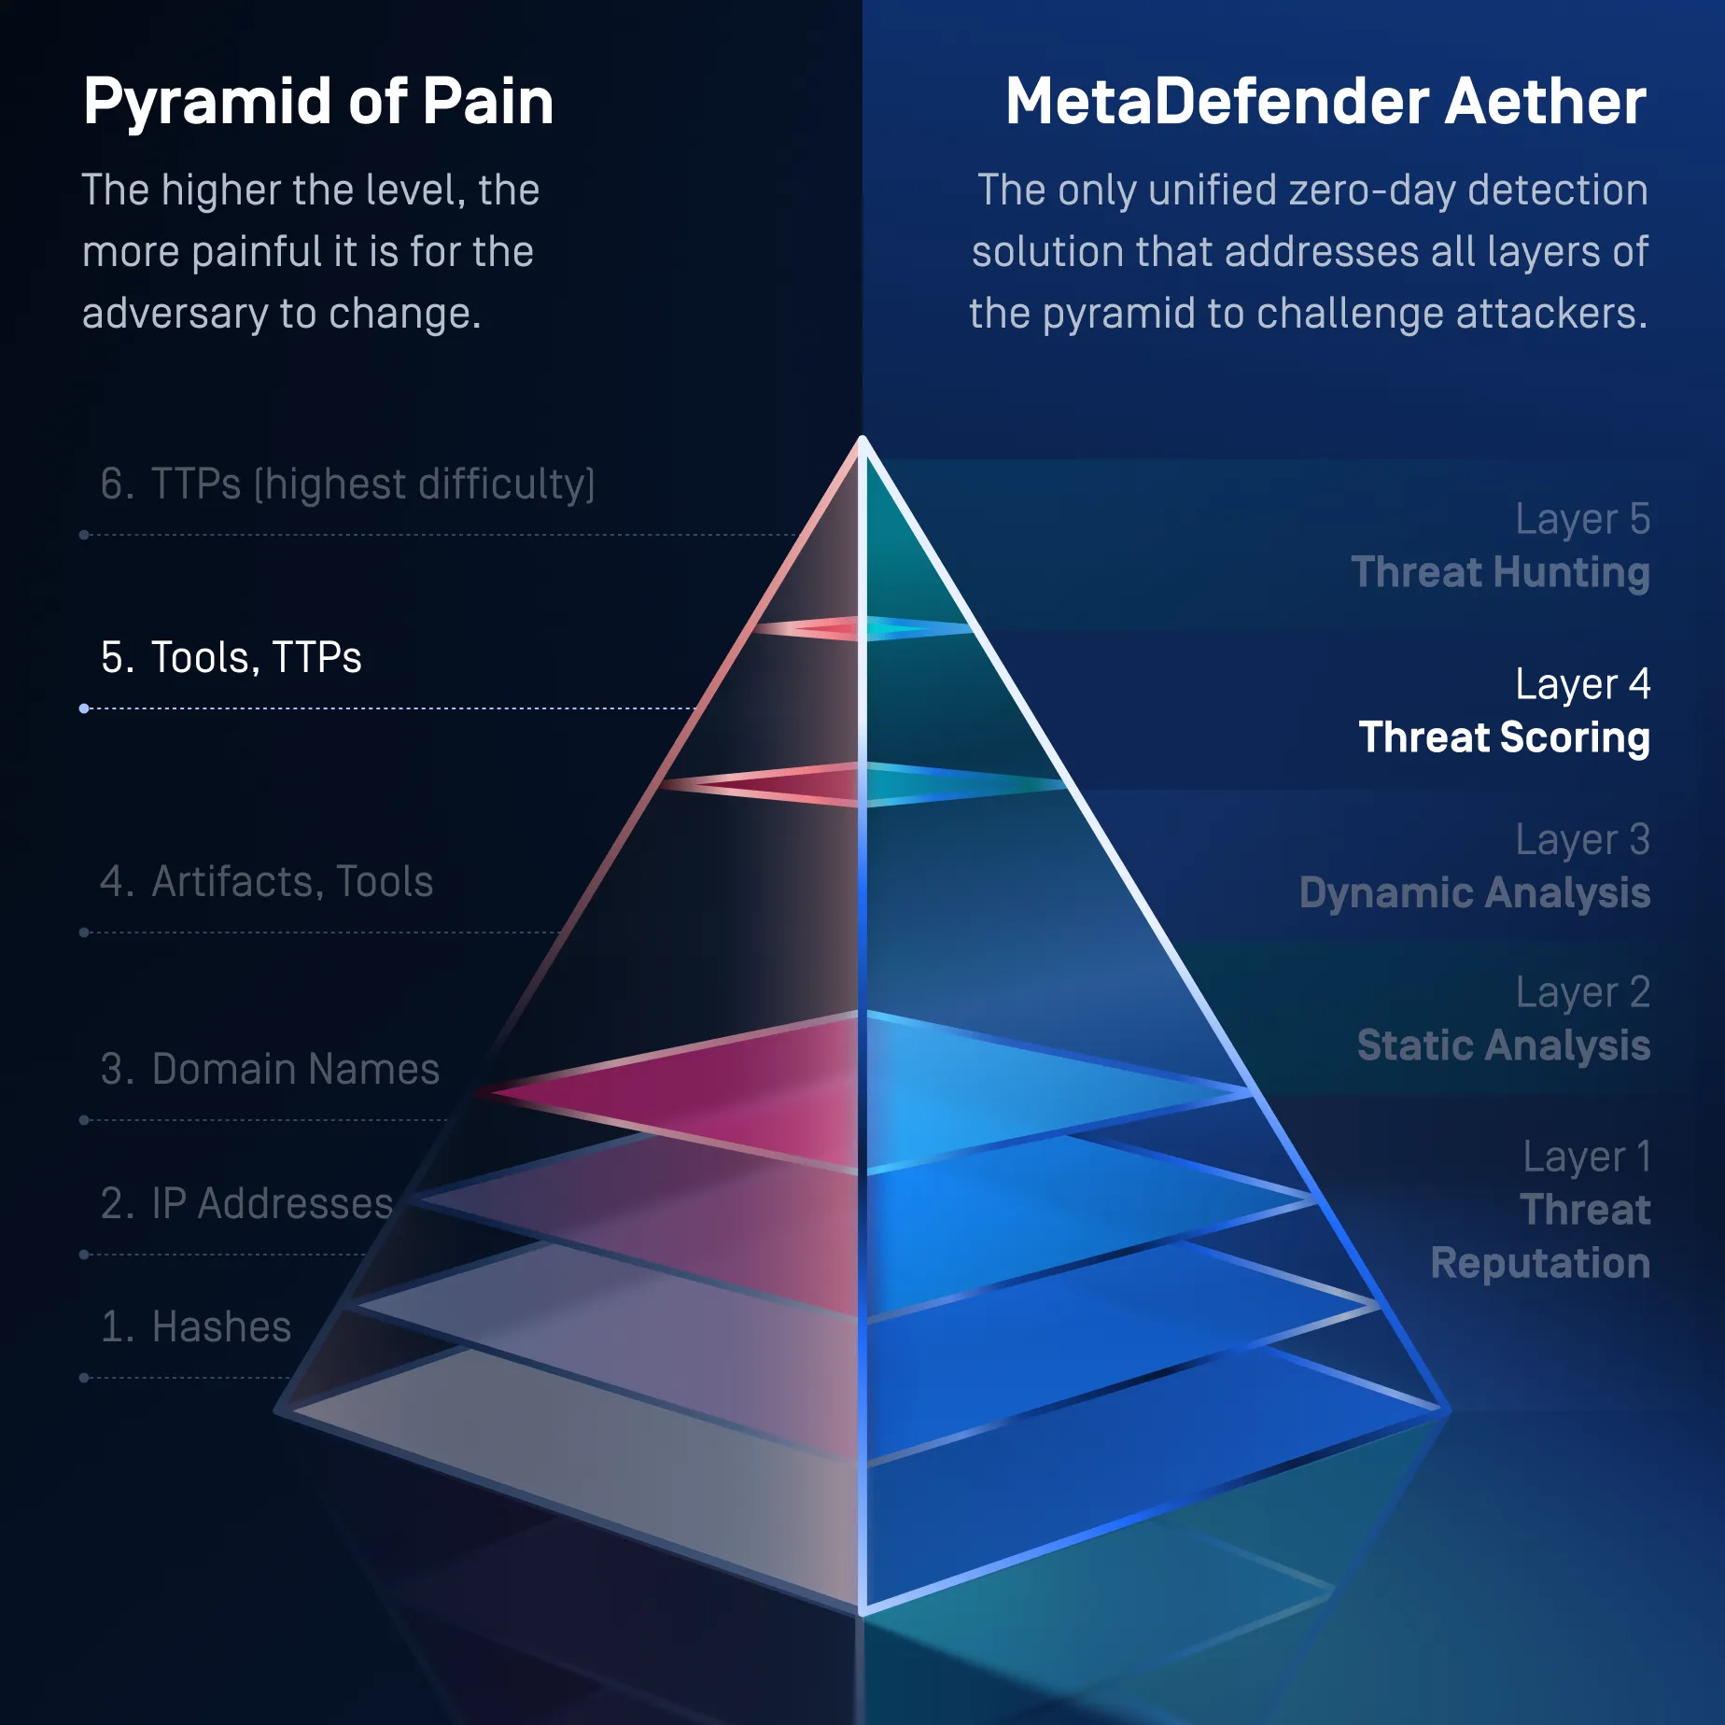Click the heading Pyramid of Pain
click(318, 103)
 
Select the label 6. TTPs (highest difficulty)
click(347, 484)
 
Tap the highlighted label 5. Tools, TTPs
click(231, 657)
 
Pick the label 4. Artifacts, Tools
click(266, 881)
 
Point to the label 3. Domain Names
click(270, 1069)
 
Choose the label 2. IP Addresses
click(246, 1203)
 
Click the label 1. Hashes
click(195, 1326)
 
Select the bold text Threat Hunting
click(1500, 573)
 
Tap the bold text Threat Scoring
click(1505, 737)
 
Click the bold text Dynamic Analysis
click(1475, 893)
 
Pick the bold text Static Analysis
click(1504, 1045)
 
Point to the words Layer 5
click(1583, 520)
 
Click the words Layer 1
click(1587, 1157)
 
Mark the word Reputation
click(1540, 1264)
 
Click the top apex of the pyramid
click(862, 439)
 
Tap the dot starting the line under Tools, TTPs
click(84, 708)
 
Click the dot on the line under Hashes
click(84, 1378)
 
